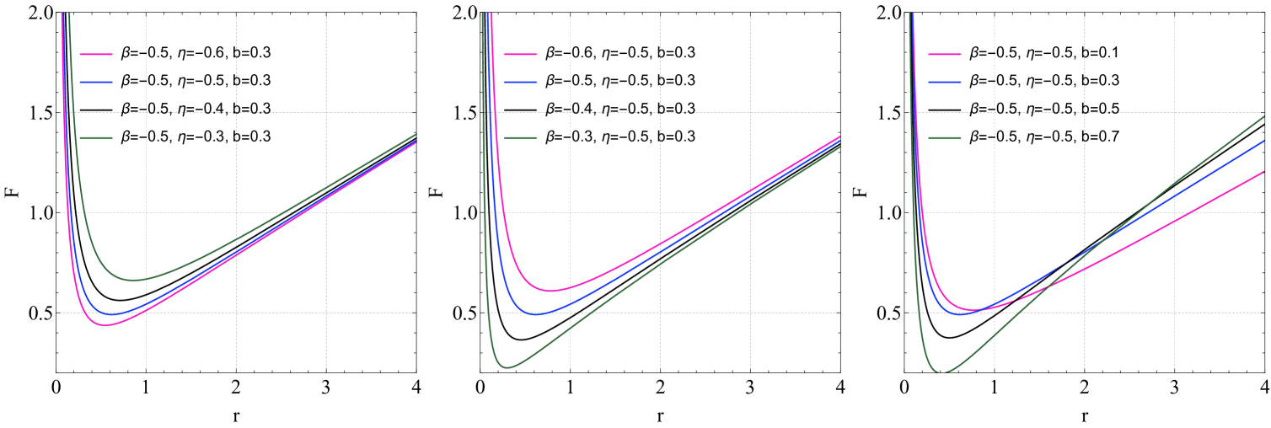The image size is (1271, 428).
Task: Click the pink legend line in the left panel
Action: tap(95, 54)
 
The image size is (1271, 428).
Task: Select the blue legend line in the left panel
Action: tap(95, 82)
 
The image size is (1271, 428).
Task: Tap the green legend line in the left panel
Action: tap(95, 137)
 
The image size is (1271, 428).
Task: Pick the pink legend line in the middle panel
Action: tap(520, 54)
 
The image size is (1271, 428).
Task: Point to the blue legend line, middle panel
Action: tap(520, 82)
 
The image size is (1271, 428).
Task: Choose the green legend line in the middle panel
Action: tap(520, 137)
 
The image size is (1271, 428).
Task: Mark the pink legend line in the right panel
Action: tap(944, 54)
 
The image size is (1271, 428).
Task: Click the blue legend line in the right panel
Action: tap(944, 82)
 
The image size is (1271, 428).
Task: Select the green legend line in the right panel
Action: tap(944, 137)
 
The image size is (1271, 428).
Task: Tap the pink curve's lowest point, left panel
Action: tap(106, 325)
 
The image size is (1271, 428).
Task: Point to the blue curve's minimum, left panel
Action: tap(114, 313)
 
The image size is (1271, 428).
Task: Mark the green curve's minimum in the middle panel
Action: tap(507, 367)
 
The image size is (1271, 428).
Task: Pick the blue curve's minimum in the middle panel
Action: tap(538, 313)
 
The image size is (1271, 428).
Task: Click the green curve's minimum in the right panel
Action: tap(944, 372)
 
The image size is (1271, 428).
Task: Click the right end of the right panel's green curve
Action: tap(1265, 116)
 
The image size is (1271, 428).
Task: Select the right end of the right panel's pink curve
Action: tap(1265, 172)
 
